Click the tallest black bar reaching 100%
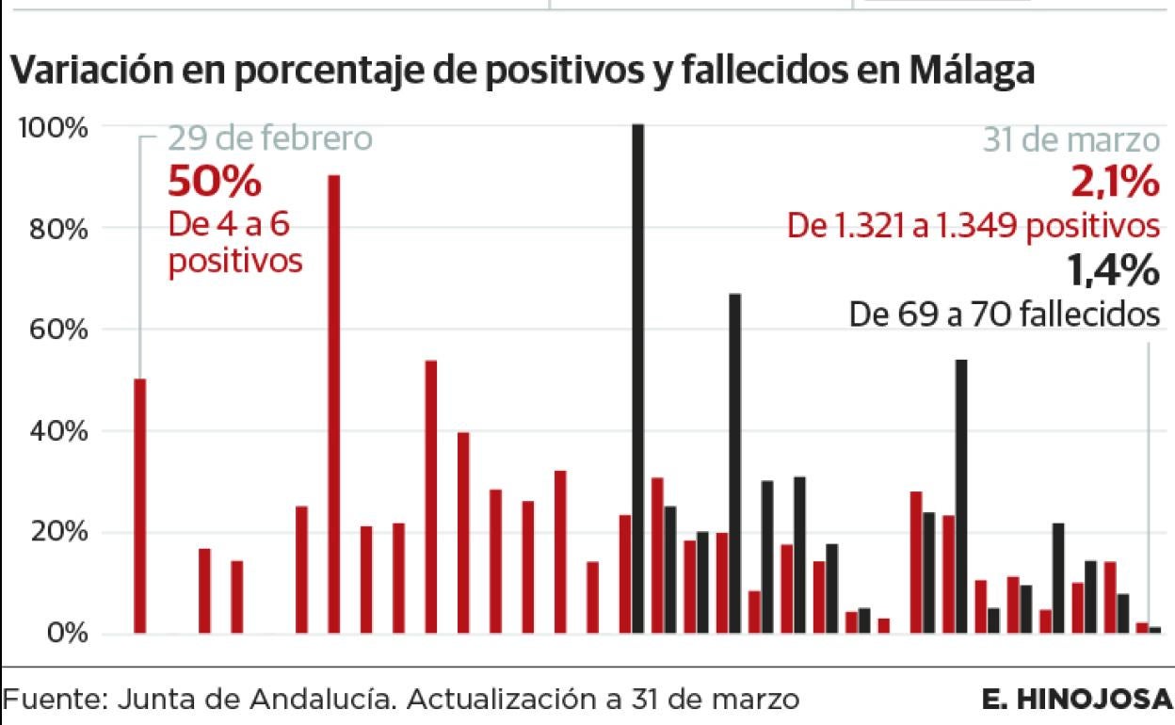coord(638,377)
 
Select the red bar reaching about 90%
coord(333,405)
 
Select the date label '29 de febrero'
coord(270,139)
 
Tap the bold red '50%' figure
coord(214,182)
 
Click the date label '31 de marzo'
coord(1071,140)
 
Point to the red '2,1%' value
coord(1114,182)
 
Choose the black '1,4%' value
coord(1112,271)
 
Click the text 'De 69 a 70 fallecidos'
coord(1004,314)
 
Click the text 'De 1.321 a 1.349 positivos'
coord(973,227)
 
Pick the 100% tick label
coord(54,128)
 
